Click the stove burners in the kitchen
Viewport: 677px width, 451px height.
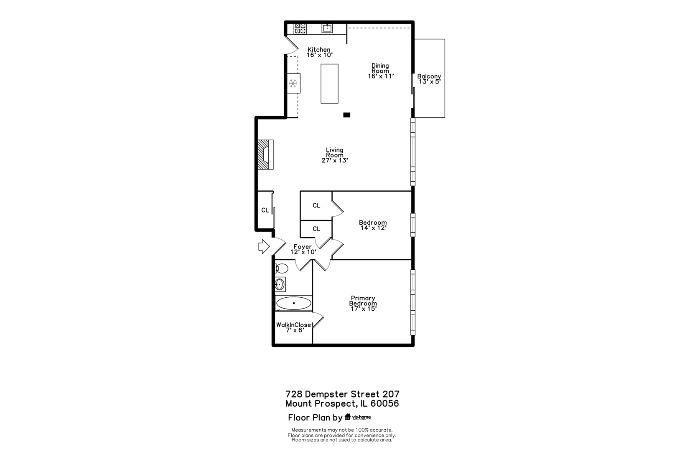300,28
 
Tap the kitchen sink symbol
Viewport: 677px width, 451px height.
327,28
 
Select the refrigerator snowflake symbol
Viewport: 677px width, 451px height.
293,83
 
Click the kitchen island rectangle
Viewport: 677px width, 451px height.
329,84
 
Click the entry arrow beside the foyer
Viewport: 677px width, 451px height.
264,246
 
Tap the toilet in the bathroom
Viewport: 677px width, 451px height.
282,268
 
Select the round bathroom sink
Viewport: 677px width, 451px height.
280,284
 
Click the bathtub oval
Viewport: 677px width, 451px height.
294,303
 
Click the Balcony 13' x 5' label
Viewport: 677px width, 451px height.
429,79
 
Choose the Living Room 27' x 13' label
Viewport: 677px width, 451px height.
335,155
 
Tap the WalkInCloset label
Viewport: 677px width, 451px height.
295,325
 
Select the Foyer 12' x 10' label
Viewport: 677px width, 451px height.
303,249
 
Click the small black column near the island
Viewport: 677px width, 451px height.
346,115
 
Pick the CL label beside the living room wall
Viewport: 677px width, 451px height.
265,210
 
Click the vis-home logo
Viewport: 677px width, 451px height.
358,417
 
